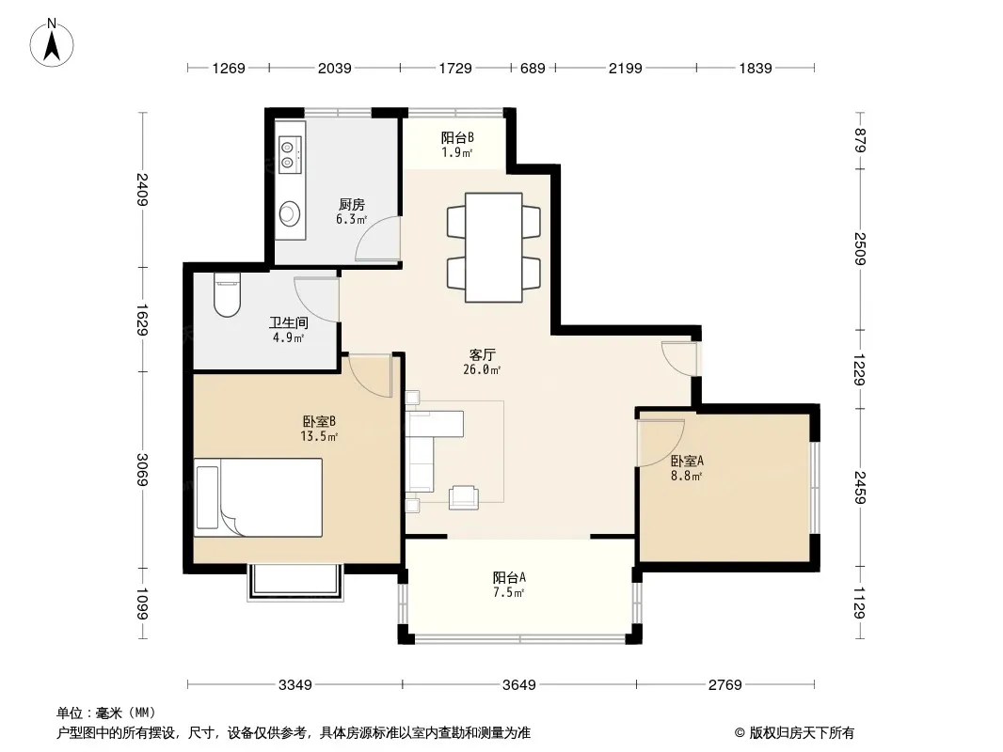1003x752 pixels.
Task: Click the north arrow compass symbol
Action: [52, 43]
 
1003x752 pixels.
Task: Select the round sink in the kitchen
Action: [290, 212]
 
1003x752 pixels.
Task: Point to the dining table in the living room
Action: [493, 247]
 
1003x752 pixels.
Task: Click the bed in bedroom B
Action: [259, 497]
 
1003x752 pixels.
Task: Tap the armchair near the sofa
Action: [463, 497]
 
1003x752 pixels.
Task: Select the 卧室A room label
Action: [687, 461]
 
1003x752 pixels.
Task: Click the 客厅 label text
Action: [483, 354]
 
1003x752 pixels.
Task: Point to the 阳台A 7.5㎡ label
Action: [509, 585]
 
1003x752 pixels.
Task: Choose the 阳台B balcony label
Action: [457, 137]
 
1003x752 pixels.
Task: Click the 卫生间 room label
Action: [289, 322]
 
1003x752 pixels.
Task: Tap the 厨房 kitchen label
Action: [352, 205]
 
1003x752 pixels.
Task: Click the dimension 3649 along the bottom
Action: [518, 685]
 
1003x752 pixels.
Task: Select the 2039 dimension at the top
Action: [335, 68]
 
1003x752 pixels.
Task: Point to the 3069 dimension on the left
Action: [142, 470]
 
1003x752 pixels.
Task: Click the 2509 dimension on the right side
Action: [861, 249]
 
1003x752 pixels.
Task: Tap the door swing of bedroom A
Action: [661, 443]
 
